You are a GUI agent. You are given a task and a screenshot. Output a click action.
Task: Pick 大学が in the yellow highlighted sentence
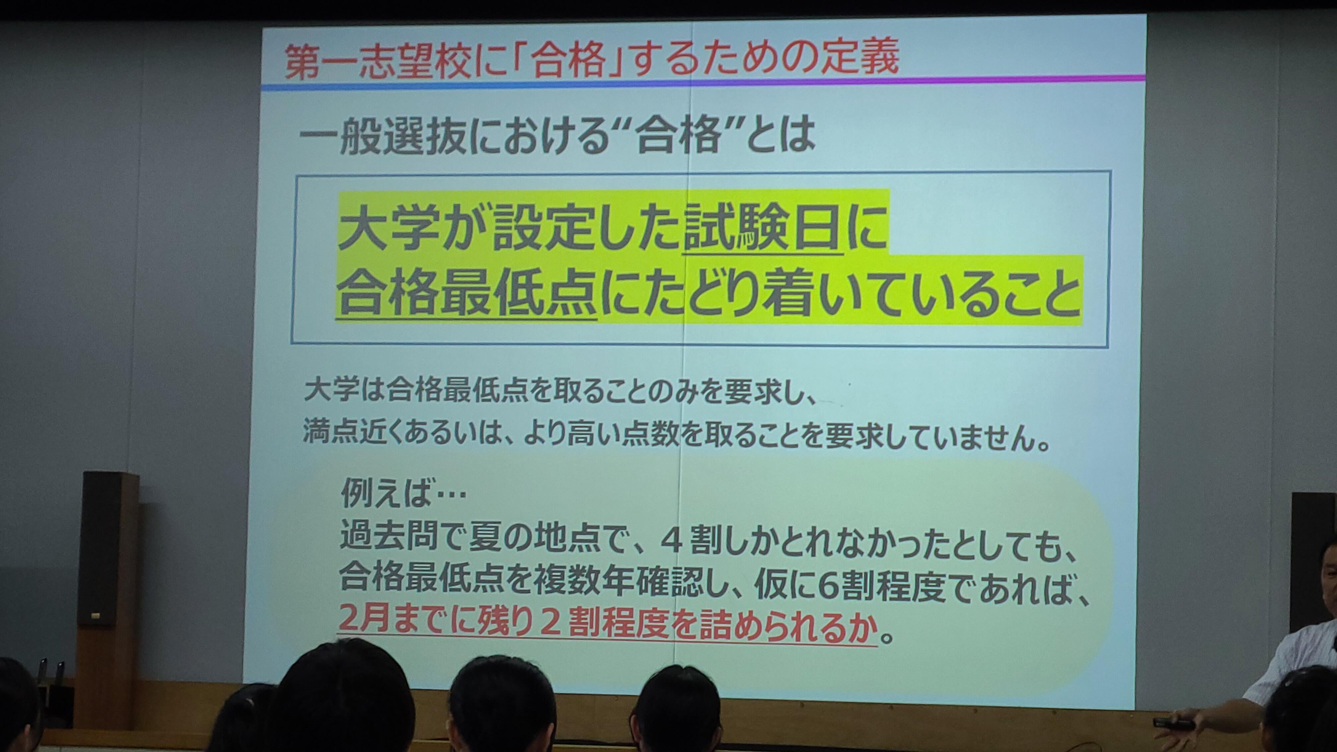coord(414,232)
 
